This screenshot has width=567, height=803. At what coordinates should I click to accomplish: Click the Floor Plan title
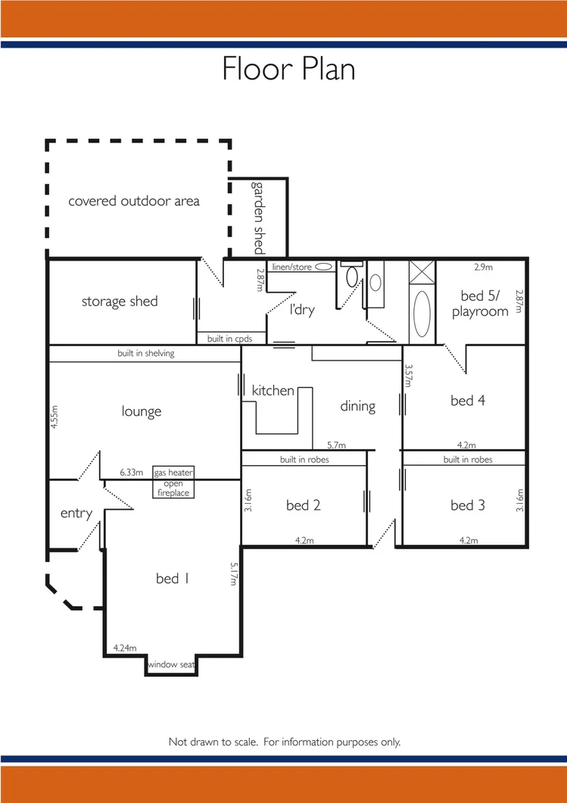click(288, 69)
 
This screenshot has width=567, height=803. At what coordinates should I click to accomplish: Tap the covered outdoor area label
click(134, 201)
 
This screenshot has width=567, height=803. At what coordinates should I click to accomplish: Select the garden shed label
click(259, 217)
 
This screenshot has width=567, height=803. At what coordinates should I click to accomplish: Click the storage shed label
click(120, 302)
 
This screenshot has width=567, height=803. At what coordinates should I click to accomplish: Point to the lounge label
click(142, 411)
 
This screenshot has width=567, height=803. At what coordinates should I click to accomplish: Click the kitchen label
click(273, 390)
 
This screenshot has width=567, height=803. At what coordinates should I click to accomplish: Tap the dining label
click(357, 406)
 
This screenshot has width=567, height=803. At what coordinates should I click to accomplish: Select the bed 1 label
click(172, 579)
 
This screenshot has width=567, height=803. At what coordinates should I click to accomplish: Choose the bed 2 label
click(303, 505)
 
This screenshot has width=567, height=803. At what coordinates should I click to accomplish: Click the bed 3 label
click(467, 505)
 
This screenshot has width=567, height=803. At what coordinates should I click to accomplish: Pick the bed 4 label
click(467, 401)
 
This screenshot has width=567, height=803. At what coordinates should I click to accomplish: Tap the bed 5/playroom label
click(480, 303)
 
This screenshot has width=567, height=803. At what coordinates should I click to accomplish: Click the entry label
click(76, 513)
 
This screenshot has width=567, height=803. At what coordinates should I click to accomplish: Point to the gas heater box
click(173, 473)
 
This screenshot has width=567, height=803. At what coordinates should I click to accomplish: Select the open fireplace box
click(173, 489)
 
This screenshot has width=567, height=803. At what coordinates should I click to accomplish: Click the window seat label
click(172, 664)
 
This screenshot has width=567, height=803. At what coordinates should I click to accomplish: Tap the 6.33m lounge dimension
click(132, 472)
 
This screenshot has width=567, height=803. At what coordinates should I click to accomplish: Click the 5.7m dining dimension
click(336, 445)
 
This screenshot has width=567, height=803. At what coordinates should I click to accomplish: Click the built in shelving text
click(145, 353)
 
